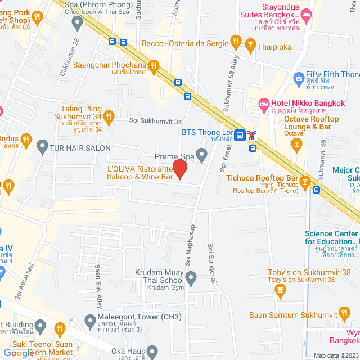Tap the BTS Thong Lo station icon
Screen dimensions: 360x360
[240, 134]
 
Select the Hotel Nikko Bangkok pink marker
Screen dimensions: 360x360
[263, 103]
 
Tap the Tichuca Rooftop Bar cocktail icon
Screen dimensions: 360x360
[305, 181]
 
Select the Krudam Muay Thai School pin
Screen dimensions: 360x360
[191, 277]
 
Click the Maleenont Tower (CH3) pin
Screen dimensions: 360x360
[89, 321]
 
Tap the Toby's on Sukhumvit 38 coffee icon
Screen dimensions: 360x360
[280, 290]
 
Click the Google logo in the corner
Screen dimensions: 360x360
[18, 353]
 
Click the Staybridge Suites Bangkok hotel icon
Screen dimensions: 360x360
[306, 15]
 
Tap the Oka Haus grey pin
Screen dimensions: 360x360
[151, 351]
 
